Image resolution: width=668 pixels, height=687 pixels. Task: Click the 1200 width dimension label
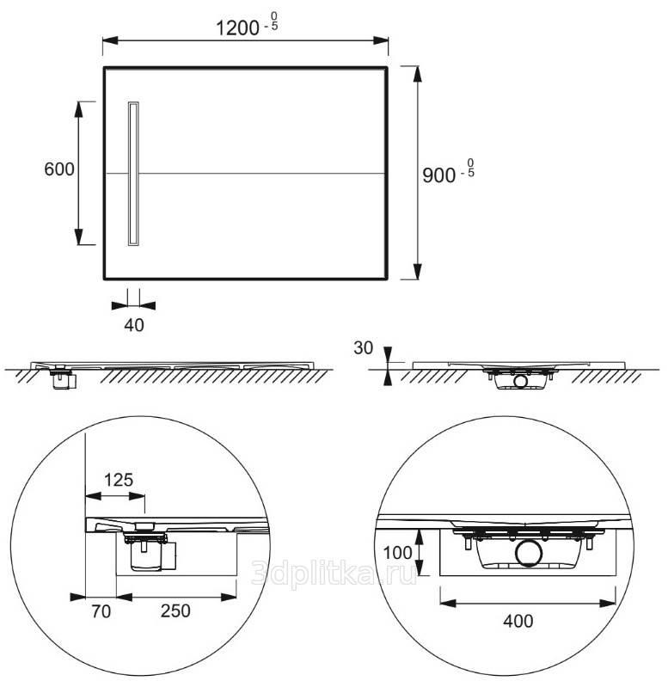[238, 28]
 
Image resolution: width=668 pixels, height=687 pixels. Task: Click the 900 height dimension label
[438, 175]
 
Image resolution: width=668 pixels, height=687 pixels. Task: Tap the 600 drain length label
[59, 169]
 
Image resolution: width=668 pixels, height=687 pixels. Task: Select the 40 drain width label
[134, 325]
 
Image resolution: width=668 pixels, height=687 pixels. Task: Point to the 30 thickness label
[363, 348]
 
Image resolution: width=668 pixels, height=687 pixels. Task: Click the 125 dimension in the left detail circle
[119, 480]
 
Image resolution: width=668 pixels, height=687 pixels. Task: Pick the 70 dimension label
[101, 611]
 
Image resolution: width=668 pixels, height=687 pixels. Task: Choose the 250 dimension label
[175, 611]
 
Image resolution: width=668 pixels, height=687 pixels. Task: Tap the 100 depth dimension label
[397, 553]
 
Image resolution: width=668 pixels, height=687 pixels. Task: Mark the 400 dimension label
[518, 622]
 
